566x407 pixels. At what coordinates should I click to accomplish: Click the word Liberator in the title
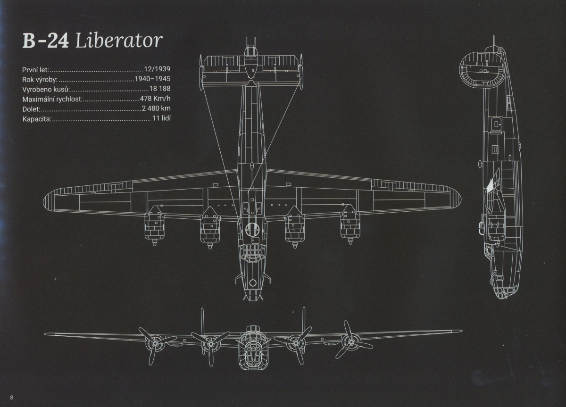coord(119,41)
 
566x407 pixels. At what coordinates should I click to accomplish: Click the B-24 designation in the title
coord(45,41)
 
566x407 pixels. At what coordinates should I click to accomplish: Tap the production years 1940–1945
coord(152,79)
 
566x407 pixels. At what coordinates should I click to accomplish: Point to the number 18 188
coord(160,89)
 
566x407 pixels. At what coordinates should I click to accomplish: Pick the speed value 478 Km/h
coord(155,99)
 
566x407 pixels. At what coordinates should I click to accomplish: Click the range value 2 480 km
coord(156,109)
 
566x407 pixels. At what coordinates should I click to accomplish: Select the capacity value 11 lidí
coord(161,119)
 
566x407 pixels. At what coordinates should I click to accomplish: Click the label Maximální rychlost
coord(52,99)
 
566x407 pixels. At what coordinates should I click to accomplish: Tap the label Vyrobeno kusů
coord(46,89)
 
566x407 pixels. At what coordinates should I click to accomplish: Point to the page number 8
coord(12,397)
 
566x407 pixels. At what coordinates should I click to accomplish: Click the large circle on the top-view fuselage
coord(252,230)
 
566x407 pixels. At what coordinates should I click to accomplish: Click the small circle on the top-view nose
coord(252,282)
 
